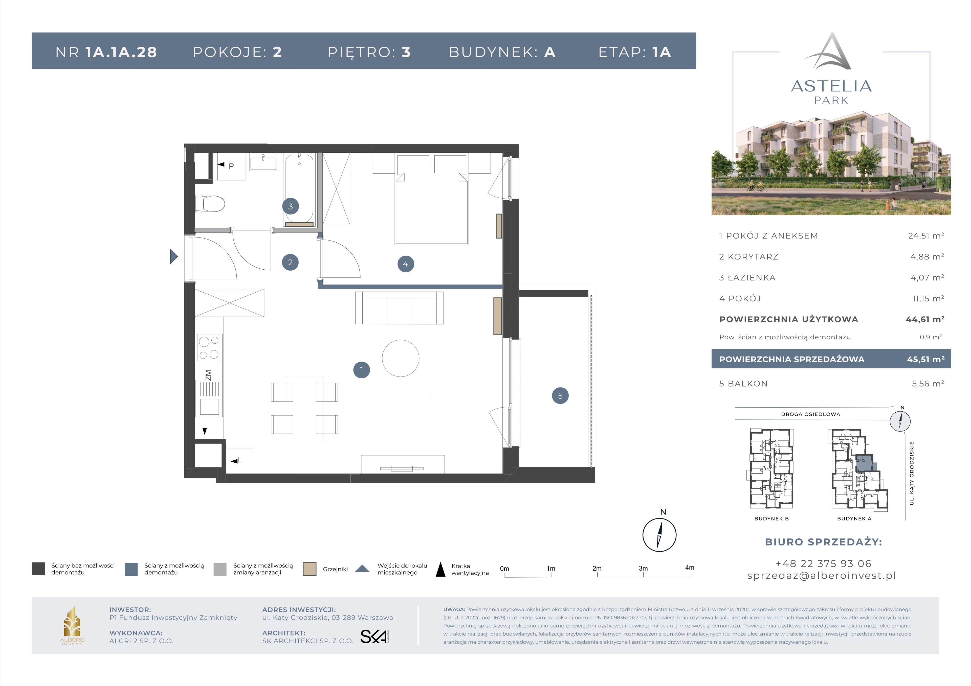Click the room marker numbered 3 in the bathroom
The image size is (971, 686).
pyautogui.click(x=291, y=206)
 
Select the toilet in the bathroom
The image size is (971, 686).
pyautogui.click(x=210, y=204)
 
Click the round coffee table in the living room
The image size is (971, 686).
pyautogui.click(x=401, y=358)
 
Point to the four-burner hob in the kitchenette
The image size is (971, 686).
pyautogui.click(x=209, y=348)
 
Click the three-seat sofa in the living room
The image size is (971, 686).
pyautogui.click(x=399, y=308)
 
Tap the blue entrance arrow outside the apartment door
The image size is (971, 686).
pyautogui.click(x=174, y=256)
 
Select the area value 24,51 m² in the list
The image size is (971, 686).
pyautogui.click(x=926, y=235)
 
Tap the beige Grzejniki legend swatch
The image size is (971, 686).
pyautogui.click(x=310, y=569)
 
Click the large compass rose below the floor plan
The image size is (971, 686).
pyautogui.click(x=659, y=535)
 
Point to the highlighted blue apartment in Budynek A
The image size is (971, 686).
pyautogui.click(x=865, y=464)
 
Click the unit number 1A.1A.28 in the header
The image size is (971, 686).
pyautogui.click(x=121, y=52)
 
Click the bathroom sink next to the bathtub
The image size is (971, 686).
pyautogui.click(x=263, y=162)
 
